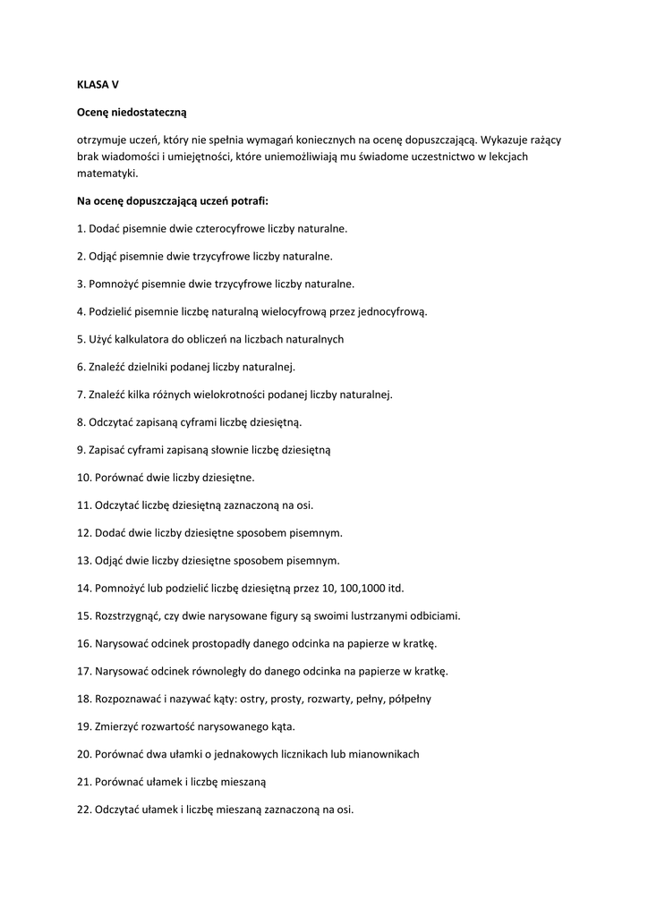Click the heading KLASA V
coord(98,84)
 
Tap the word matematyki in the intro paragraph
coord(107,174)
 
